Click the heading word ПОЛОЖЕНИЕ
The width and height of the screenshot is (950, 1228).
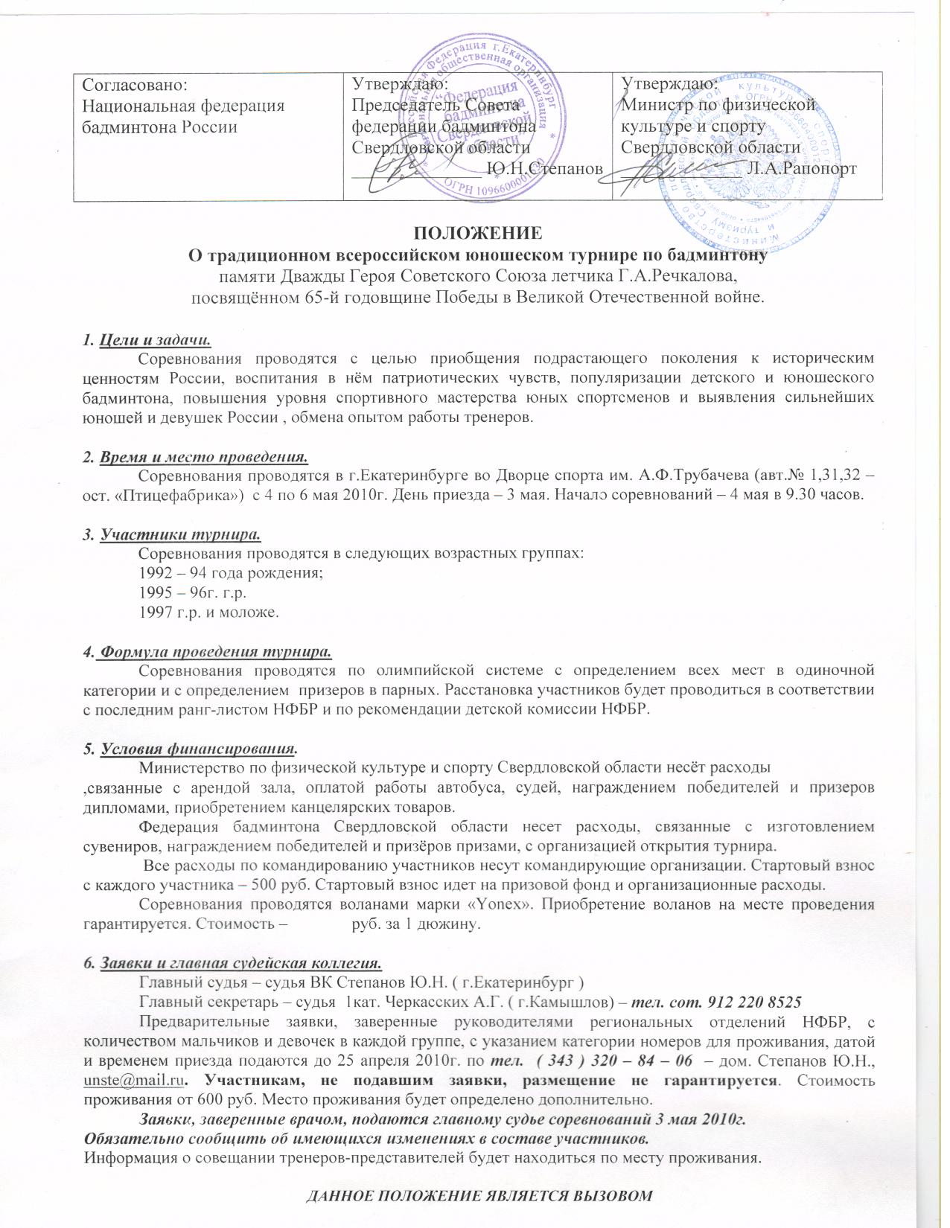(476, 231)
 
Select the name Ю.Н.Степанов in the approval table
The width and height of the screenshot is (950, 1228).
(543, 169)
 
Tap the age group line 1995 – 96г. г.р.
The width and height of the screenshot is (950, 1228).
(192, 593)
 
